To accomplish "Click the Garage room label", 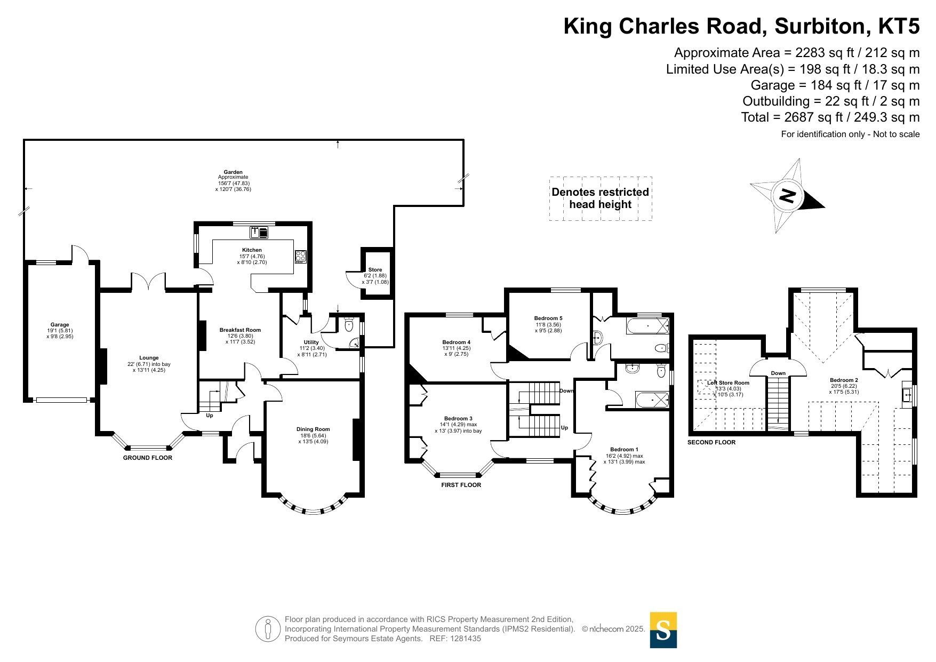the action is (x=60, y=324).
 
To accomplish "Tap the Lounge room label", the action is (x=149, y=358).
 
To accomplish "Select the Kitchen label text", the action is (x=252, y=250).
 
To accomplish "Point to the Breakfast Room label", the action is (x=240, y=330).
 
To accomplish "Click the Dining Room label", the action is (x=313, y=429).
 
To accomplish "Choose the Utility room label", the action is (x=311, y=342).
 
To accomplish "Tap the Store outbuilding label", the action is (x=375, y=270).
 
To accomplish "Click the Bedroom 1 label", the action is (x=624, y=450).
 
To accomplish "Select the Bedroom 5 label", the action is (x=548, y=318).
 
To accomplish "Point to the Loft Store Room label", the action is (x=728, y=382).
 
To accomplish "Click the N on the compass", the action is (x=787, y=196).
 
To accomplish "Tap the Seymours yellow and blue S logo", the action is (x=663, y=630).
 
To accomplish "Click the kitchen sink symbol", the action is (x=259, y=232).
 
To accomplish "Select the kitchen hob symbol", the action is (x=301, y=257).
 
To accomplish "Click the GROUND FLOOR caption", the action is (x=148, y=458).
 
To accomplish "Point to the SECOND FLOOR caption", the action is (x=711, y=442).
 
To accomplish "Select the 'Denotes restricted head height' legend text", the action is (x=601, y=198).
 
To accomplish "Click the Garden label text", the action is (x=233, y=172).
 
